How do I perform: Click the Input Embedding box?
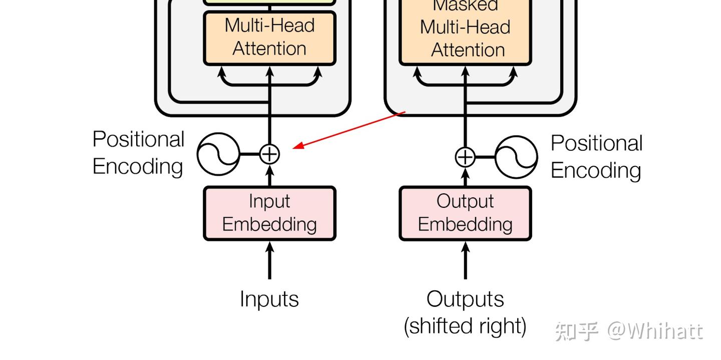click(269, 213)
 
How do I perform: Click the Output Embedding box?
click(465, 213)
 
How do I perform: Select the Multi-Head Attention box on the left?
click(269, 38)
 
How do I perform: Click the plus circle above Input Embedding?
click(270, 154)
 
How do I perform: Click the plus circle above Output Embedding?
click(465, 157)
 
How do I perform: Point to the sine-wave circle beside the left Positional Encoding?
click(218, 154)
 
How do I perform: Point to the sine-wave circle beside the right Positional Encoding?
click(516, 157)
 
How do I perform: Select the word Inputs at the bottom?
click(269, 299)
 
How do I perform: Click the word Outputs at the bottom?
click(465, 299)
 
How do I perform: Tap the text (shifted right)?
click(465, 326)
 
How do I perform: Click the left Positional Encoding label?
click(138, 153)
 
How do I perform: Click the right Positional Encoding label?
click(596, 157)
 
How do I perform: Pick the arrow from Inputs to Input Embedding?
click(270, 260)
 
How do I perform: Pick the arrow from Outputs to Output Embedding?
click(465, 260)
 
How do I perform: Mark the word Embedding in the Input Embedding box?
click(269, 224)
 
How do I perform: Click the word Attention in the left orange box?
click(269, 49)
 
